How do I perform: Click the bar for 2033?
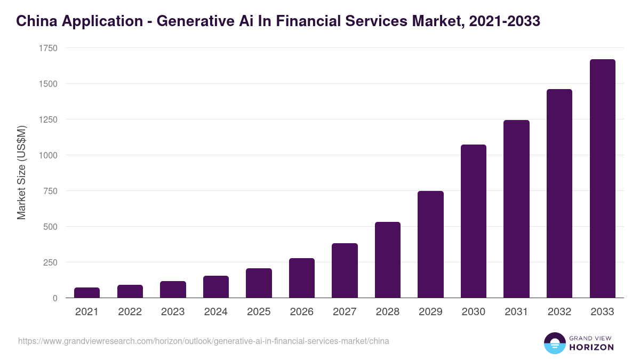pyautogui.click(x=602, y=179)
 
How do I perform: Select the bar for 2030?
pyautogui.click(x=474, y=221)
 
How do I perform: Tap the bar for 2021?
pyautogui.click(x=87, y=293)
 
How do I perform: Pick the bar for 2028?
pyautogui.click(x=388, y=260)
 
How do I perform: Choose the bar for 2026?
pyautogui.click(x=302, y=278)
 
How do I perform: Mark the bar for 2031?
pyautogui.click(x=516, y=209)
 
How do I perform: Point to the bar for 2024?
pyautogui.click(x=216, y=287)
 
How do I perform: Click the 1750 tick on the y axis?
pyautogui.click(x=48, y=48)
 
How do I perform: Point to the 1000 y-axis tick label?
pyautogui.click(x=48, y=155)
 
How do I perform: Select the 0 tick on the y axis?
pyautogui.click(x=55, y=298)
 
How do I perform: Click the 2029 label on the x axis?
pyautogui.click(x=430, y=312)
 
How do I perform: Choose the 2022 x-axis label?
pyautogui.click(x=130, y=312)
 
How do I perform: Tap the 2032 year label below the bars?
pyautogui.click(x=559, y=312)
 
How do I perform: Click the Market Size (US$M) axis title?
pyautogui.click(x=21, y=173)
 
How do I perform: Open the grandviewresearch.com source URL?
pyautogui.click(x=204, y=341)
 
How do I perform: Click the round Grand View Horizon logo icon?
pyautogui.click(x=555, y=343)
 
